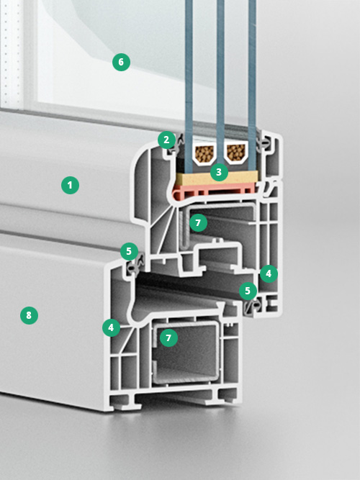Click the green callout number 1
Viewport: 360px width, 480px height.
pos(70,185)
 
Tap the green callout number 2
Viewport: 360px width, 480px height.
pos(166,140)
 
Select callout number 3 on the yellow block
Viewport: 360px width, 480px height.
pos(219,172)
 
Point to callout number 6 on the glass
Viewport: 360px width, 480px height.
pos(121,62)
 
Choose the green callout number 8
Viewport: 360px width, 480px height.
pos(29,315)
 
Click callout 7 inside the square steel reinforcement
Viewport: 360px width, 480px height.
pos(168,338)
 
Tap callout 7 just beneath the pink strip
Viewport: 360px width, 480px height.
pos(198,222)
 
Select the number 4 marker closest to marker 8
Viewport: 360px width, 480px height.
pos(111,327)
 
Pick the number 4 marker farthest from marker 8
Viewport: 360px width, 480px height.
pos(269,273)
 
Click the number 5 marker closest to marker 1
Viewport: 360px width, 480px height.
pos(129,251)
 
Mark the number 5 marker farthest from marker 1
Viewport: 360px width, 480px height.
pos(248,291)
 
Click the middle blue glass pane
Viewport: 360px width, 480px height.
pos(220,83)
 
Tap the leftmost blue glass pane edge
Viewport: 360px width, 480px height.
pos(189,86)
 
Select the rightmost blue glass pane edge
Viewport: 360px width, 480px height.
pos(252,86)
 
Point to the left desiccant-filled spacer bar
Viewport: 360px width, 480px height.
pos(204,153)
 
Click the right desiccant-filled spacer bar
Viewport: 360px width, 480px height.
pos(236,153)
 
